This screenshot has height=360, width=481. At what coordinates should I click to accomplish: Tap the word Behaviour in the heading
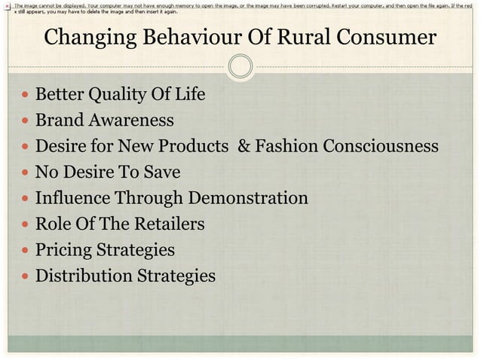point(188,37)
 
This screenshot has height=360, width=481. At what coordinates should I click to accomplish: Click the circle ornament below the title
point(240,66)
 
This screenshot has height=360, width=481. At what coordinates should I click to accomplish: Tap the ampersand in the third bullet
point(244,146)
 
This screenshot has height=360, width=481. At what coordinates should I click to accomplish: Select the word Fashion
point(287,146)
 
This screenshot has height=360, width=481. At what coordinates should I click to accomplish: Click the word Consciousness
point(381,146)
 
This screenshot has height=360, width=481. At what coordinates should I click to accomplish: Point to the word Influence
point(72,198)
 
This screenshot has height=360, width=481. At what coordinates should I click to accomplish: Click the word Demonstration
point(248,198)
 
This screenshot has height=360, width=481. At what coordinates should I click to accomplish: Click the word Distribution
point(84,276)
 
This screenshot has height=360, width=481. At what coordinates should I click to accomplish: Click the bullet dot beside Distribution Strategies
point(24,276)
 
